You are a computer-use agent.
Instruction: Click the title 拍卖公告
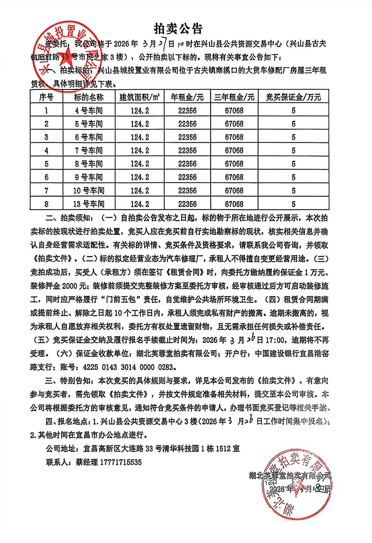pos(178,29)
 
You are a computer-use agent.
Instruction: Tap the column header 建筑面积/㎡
pos(140,97)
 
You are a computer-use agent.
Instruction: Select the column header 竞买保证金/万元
pos(293,97)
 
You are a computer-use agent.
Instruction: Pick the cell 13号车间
pos(89,204)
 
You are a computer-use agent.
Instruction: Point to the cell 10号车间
pos(89,191)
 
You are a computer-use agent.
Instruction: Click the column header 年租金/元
pos(187,97)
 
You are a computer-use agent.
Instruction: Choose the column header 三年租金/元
pos(234,97)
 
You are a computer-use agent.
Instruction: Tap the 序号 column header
pos(47,97)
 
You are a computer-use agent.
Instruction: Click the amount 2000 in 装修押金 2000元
pos(70,286)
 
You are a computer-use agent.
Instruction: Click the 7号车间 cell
pos(89,151)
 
